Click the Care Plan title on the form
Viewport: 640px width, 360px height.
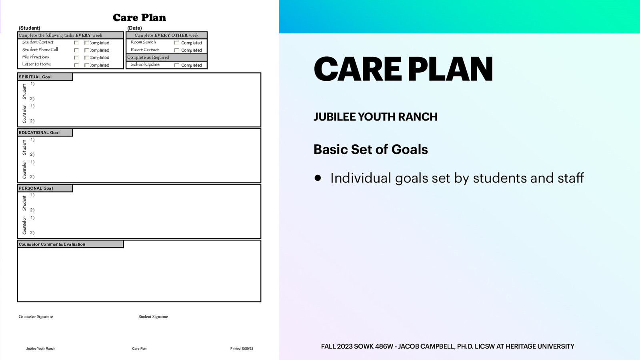click(139, 18)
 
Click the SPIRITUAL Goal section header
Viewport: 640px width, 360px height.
click(35, 77)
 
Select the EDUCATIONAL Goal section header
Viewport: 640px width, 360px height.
click(39, 132)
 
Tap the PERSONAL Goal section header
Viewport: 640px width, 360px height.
click(36, 188)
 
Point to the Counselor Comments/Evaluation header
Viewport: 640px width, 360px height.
click(52, 244)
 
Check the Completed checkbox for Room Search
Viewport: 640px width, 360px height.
click(176, 43)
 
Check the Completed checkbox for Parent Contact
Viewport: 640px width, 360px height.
click(176, 50)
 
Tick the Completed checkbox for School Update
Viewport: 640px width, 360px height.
click(176, 65)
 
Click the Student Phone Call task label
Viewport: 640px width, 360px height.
click(40, 50)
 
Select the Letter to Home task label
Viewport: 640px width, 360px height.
click(36, 64)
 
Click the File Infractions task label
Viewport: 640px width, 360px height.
click(36, 57)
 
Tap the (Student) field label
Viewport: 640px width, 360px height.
click(29, 28)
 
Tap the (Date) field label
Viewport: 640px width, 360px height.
click(134, 28)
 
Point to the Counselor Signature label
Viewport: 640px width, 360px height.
click(36, 316)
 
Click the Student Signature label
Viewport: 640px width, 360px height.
click(153, 316)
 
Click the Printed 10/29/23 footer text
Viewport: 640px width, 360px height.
click(242, 348)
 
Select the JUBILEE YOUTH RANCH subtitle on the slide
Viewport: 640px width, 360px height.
click(375, 117)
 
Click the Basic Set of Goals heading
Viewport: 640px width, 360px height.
click(370, 149)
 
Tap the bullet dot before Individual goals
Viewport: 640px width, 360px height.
click(318, 178)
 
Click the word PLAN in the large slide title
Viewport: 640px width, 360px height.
click(450, 69)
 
